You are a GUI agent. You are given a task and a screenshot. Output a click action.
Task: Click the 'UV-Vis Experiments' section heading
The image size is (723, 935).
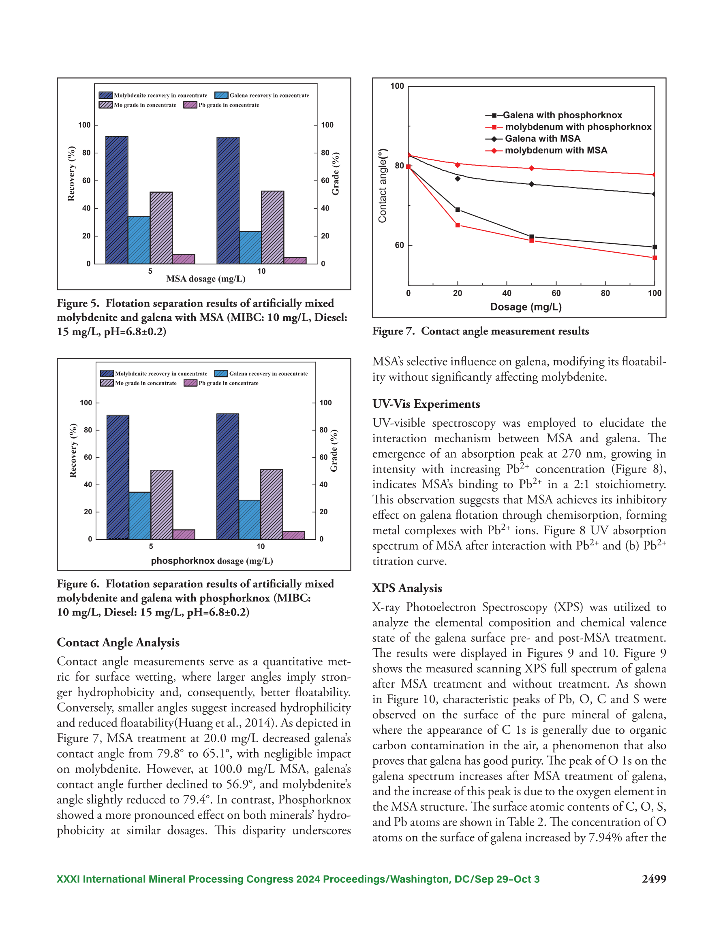(x=426, y=404)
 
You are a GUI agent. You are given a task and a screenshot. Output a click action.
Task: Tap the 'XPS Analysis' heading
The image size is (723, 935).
(x=407, y=588)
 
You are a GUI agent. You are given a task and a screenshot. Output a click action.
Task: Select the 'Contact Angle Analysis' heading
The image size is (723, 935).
(x=118, y=643)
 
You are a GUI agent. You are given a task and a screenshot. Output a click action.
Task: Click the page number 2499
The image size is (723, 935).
(x=654, y=879)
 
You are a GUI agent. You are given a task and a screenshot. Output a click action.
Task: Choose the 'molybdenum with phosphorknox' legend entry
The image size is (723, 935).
(x=568, y=127)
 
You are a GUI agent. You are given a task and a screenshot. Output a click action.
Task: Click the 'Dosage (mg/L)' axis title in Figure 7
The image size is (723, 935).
(x=526, y=307)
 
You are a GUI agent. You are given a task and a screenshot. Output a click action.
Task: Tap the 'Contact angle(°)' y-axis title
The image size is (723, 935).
(x=382, y=186)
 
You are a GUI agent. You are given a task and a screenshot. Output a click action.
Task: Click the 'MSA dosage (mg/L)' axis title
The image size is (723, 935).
(x=206, y=279)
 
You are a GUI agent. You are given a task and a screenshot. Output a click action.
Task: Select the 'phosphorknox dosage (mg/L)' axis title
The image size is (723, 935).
(x=212, y=561)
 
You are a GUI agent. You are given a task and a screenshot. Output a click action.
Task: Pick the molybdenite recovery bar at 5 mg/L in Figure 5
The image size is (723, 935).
(x=117, y=200)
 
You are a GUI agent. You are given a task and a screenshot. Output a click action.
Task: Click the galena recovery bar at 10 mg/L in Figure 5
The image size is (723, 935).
(x=250, y=247)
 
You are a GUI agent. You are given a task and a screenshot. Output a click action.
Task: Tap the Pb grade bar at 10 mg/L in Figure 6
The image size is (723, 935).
(x=293, y=535)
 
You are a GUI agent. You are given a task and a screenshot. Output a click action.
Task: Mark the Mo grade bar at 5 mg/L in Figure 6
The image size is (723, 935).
(x=162, y=504)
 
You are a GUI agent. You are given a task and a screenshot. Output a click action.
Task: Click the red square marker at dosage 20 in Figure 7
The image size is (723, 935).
(x=458, y=225)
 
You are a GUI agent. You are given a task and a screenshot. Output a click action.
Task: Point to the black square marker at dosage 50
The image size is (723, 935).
(x=531, y=237)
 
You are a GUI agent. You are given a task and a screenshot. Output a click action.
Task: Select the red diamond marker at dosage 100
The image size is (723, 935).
(x=654, y=175)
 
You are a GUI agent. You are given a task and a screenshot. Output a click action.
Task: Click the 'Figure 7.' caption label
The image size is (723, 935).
(x=394, y=331)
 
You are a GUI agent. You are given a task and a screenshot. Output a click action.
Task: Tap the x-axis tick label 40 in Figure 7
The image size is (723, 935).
(x=507, y=293)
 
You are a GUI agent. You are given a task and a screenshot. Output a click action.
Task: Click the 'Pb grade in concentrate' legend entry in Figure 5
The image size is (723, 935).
(x=221, y=105)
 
